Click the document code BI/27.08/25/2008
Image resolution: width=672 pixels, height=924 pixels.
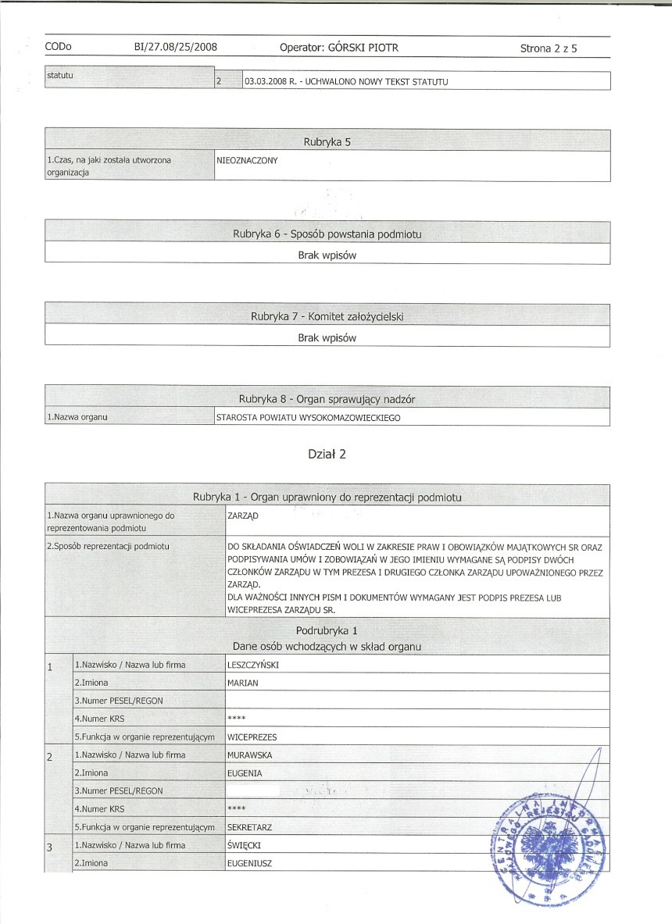pyautogui.click(x=176, y=48)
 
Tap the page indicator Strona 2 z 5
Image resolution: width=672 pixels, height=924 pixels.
pyautogui.click(x=552, y=48)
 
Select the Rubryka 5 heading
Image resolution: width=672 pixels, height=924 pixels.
pyautogui.click(x=327, y=141)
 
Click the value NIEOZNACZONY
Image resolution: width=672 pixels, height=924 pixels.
pyautogui.click(x=248, y=160)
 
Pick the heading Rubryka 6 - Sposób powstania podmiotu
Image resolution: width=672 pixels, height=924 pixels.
pyautogui.click(x=327, y=234)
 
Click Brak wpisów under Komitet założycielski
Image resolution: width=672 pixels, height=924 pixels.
pyautogui.click(x=327, y=338)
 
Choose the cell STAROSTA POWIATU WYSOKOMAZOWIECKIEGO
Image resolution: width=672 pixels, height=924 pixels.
pyautogui.click(x=308, y=419)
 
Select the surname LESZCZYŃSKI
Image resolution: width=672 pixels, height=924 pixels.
pyautogui.click(x=253, y=665)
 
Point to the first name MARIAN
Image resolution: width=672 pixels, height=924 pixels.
pyautogui.click(x=242, y=683)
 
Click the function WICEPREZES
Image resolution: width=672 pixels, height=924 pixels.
pyautogui.click(x=252, y=737)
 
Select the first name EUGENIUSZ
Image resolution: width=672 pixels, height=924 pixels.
pyautogui.click(x=249, y=863)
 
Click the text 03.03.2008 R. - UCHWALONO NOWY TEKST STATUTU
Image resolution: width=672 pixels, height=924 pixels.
pyautogui.click(x=346, y=81)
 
